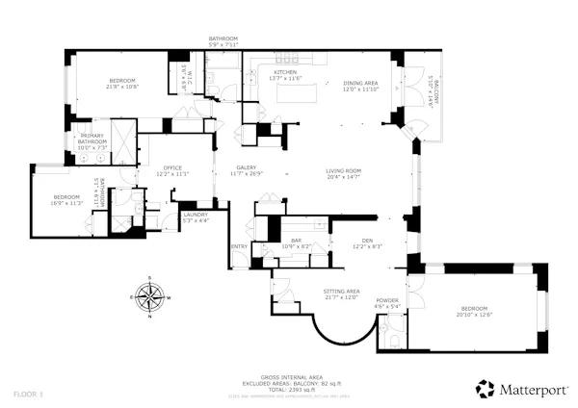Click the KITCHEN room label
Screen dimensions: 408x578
285,73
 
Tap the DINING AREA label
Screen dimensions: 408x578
361,83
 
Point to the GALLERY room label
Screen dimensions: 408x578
247,167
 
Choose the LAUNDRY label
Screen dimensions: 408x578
196,215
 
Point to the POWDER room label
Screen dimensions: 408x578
387,301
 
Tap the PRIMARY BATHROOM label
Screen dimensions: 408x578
92,136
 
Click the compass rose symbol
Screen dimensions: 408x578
149,298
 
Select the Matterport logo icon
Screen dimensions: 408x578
486,389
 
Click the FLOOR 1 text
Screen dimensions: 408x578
27,394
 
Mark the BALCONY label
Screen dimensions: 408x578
435,92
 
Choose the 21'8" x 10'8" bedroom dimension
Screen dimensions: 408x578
121,87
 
